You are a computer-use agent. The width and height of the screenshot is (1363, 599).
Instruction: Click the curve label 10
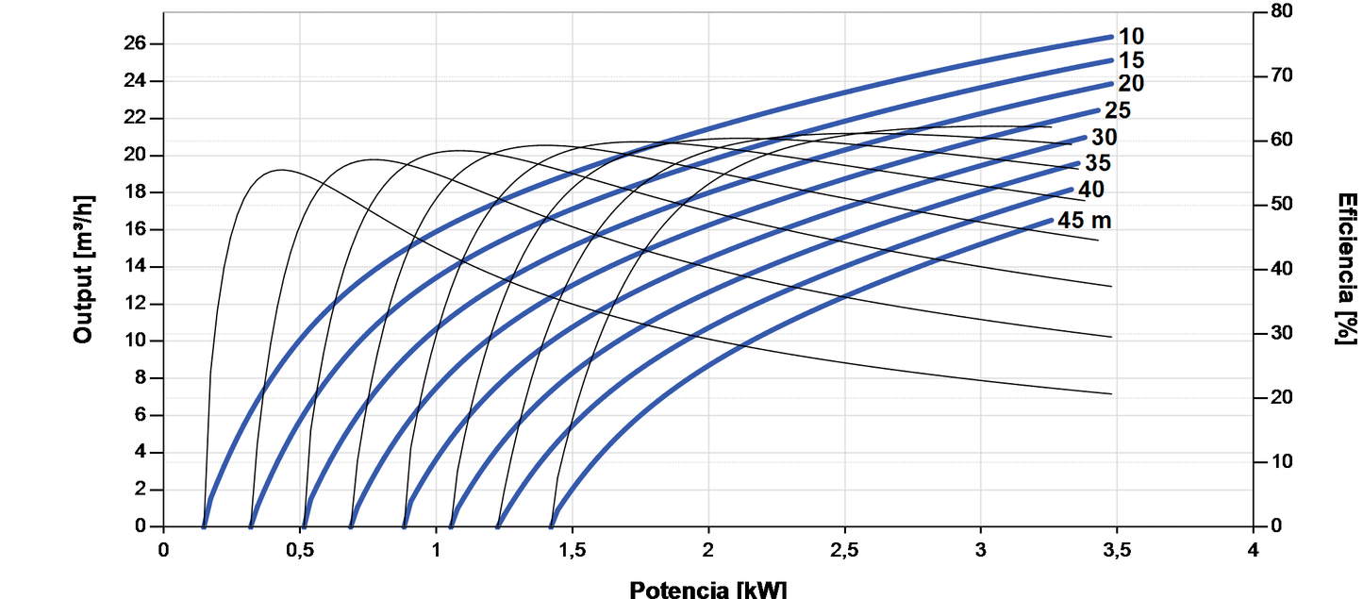click(1131, 37)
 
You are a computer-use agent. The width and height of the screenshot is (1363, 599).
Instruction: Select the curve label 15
click(1131, 60)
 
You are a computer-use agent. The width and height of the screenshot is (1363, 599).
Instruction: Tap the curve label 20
click(1131, 84)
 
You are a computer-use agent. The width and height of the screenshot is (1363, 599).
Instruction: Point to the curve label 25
click(1117, 110)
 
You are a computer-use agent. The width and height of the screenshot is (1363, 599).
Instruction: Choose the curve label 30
click(1104, 138)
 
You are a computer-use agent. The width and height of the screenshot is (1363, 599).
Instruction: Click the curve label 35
click(1097, 163)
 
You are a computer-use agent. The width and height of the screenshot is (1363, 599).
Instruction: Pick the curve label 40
click(1090, 190)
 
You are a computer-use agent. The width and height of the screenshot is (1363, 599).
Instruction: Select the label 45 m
click(1085, 221)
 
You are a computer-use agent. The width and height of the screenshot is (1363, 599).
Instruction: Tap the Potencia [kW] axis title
click(707, 590)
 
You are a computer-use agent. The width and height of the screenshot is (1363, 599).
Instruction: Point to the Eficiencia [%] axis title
click(1346, 269)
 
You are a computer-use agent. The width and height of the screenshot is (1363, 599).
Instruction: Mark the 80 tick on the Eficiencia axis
click(1282, 11)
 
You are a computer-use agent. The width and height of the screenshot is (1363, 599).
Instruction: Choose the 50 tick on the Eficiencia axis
click(1282, 205)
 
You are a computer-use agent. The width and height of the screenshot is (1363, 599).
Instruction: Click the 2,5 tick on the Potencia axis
click(844, 549)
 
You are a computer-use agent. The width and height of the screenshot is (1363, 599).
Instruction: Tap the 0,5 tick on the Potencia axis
click(300, 549)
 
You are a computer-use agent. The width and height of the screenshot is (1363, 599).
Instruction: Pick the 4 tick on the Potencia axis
click(1253, 549)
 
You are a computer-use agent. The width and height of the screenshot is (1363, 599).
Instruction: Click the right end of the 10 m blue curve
click(1112, 37)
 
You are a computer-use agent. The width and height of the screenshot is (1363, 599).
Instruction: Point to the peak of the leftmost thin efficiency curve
click(281, 171)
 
